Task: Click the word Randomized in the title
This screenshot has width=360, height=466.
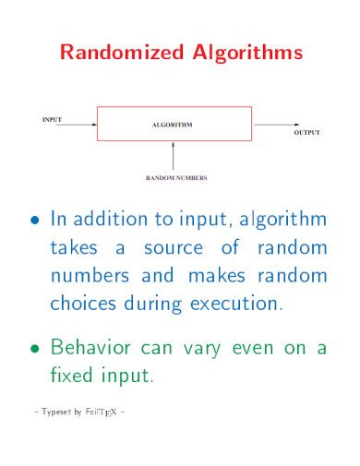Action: click(x=116, y=54)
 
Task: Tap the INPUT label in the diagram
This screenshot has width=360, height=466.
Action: click(x=53, y=118)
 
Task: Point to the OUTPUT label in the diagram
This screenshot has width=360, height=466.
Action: click(x=306, y=133)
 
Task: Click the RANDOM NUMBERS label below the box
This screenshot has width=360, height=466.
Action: click(x=174, y=176)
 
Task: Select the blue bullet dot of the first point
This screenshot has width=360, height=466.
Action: click(x=35, y=221)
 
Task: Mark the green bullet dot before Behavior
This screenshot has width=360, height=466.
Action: click(x=35, y=350)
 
